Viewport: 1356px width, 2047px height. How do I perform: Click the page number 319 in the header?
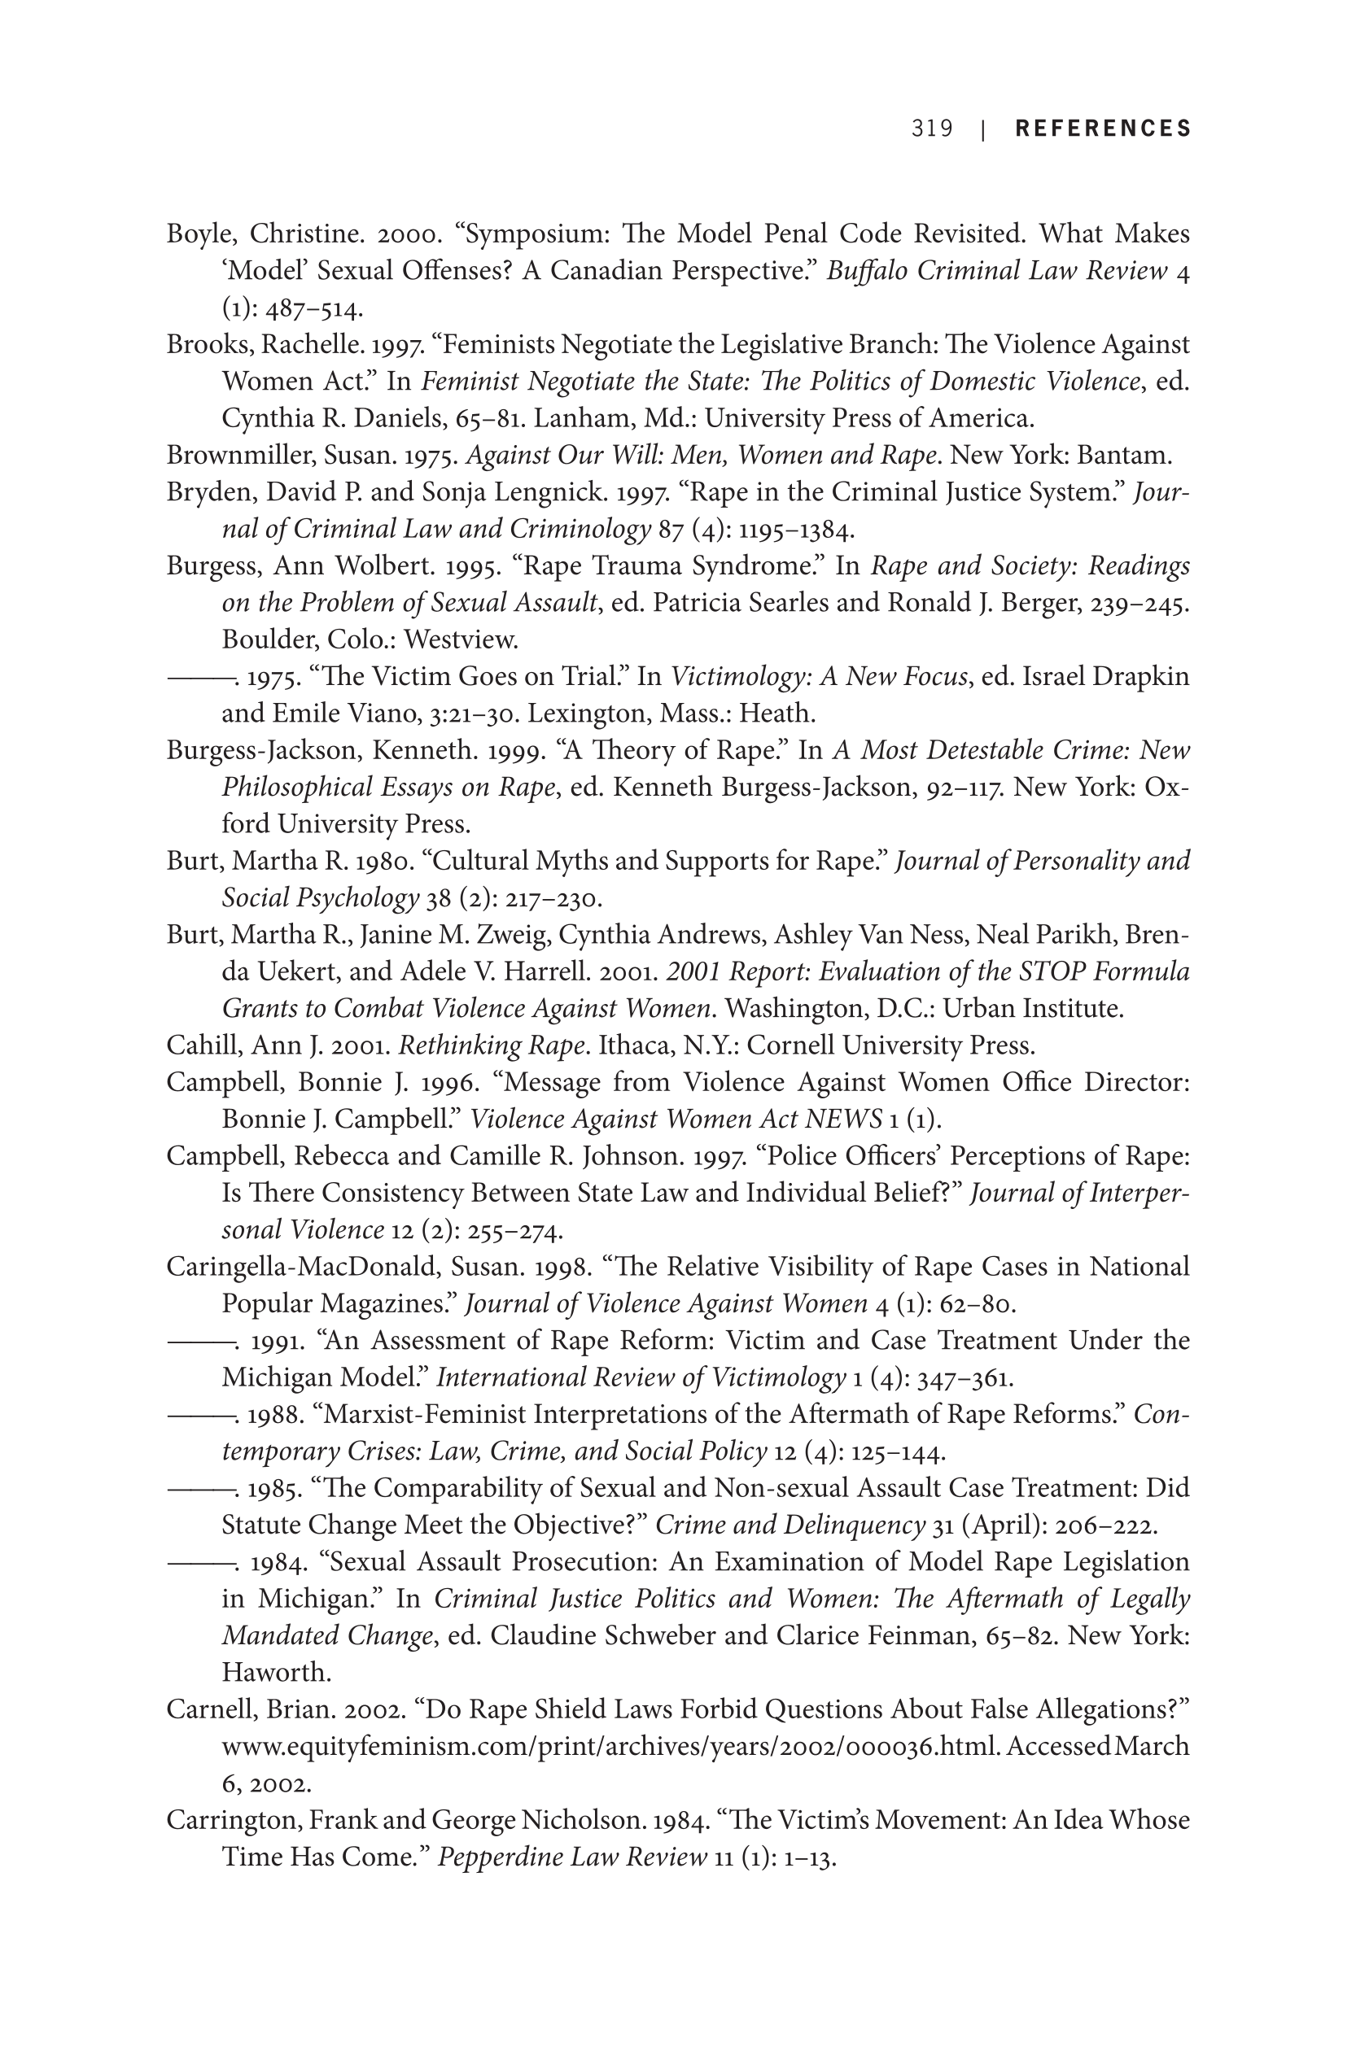[x=931, y=129]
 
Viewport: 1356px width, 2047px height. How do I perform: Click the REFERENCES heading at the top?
[x=1103, y=129]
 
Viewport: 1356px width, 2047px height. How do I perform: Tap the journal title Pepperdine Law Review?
[x=571, y=1857]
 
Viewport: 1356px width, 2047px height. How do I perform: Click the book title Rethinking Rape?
[x=492, y=1046]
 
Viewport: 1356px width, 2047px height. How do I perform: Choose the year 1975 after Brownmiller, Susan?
[x=431, y=456]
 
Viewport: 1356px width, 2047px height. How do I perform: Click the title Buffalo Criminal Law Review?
[x=996, y=272]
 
